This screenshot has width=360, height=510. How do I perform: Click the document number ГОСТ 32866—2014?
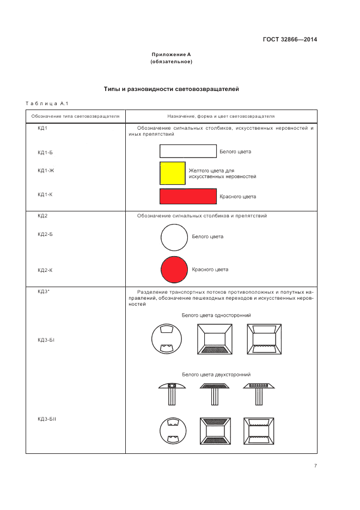click(290, 39)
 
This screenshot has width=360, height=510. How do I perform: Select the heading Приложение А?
click(171, 54)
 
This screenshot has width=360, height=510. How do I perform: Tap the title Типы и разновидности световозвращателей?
click(171, 89)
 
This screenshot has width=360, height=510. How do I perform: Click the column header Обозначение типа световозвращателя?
click(75, 117)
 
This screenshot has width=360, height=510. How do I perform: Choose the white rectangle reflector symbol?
click(188, 151)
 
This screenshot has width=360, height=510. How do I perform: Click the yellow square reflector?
click(172, 173)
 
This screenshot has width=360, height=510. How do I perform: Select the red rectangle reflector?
click(188, 196)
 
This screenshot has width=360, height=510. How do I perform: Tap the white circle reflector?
click(174, 237)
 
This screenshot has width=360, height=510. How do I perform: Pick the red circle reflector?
click(174, 269)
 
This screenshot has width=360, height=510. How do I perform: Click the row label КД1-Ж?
click(46, 171)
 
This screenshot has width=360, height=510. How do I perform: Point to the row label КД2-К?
click(45, 270)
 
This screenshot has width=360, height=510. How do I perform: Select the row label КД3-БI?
click(47, 340)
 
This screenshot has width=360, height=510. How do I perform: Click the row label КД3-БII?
click(47, 419)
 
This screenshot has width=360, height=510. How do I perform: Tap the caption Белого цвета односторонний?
click(216, 315)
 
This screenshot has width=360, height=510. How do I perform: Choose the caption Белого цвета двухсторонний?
click(216, 375)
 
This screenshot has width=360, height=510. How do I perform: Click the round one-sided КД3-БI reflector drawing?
click(166, 339)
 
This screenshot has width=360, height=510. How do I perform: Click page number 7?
click(315, 465)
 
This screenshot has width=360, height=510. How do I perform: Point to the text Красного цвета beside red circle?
click(210, 269)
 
